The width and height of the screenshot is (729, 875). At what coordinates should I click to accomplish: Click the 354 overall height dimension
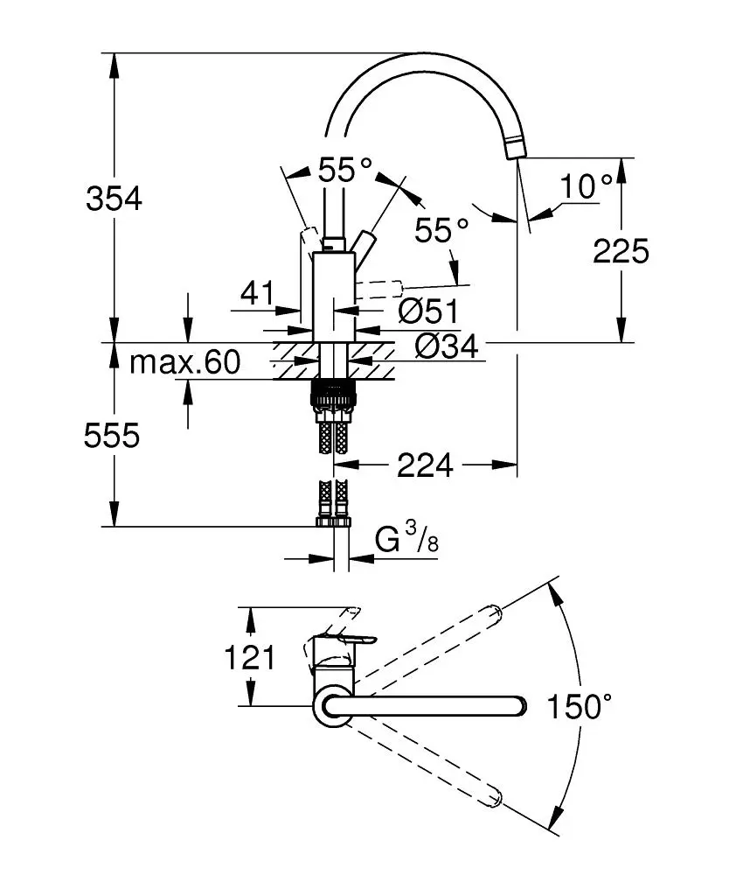[x=114, y=199]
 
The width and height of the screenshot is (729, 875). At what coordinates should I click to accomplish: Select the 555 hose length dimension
[x=112, y=435]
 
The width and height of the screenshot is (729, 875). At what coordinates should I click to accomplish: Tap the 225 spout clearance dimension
[x=621, y=251]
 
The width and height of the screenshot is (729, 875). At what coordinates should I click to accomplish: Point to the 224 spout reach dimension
[x=425, y=466]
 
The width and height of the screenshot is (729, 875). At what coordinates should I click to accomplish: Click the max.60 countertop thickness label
[x=184, y=362]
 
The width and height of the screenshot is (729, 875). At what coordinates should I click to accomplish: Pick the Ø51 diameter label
[x=428, y=310]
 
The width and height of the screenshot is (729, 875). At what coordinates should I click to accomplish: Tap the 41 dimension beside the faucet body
[x=257, y=292]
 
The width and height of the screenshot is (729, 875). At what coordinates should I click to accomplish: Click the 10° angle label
[x=587, y=185]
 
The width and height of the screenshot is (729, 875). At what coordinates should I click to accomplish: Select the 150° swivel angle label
[x=579, y=705]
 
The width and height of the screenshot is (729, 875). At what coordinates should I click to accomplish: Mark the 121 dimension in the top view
[x=250, y=656]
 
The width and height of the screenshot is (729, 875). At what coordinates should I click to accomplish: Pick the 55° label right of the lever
[x=441, y=231]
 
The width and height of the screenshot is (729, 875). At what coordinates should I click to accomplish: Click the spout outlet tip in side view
[x=515, y=150]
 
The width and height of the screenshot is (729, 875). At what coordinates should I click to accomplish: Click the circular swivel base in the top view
[x=333, y=706]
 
